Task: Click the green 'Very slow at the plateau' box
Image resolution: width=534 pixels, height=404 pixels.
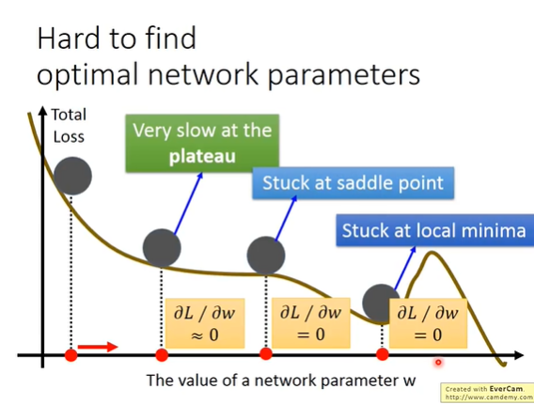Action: pos(202,144)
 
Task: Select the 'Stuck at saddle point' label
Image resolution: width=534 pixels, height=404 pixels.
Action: pos(353,183)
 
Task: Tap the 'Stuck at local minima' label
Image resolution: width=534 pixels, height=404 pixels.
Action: pos(435,230)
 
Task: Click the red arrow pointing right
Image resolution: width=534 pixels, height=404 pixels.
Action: pos(98,347)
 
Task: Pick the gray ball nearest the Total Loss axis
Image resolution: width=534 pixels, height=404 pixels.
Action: pos(72,176)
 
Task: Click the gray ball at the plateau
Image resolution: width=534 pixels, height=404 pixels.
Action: pos(162,248)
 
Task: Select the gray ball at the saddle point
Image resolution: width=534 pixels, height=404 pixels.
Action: pos(266,256)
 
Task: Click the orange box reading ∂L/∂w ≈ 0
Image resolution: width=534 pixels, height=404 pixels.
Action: pos(205,323)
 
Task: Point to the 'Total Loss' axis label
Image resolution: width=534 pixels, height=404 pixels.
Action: pos(69,126)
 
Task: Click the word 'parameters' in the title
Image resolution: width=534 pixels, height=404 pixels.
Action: pos(344,75)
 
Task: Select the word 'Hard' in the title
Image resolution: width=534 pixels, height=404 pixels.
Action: pos(71,39)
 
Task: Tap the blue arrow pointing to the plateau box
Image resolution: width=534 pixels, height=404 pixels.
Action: pos(188,204)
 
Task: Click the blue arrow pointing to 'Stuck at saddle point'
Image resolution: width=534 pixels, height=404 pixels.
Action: pos(286,219)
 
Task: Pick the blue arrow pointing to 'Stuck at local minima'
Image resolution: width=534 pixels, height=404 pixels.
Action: pos(405,268)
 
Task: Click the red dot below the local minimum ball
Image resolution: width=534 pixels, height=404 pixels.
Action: pos(383,354)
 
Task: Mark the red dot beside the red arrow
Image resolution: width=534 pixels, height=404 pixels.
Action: pos(71,355)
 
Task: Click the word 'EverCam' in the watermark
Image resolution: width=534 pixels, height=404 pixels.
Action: pos(506,389)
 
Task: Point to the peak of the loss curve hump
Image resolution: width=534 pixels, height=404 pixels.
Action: pos(432,252)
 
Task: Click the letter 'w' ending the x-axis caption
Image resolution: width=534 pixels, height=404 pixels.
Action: pos(409,381)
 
